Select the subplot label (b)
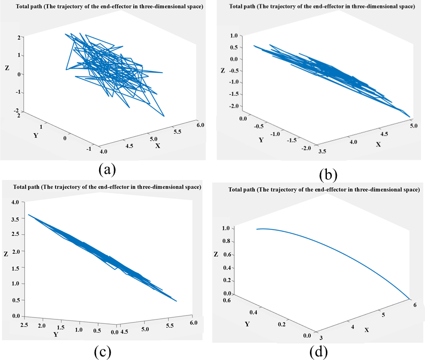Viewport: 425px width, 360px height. pos(328,175)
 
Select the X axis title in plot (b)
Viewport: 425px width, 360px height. pos(378,144)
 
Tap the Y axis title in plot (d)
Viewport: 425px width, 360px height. pos(247,323)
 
